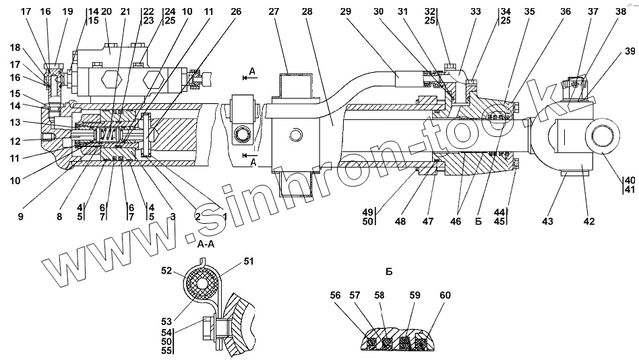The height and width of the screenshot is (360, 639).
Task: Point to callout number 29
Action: tap(346, 11)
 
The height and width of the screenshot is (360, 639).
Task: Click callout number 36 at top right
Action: tap(565, 11)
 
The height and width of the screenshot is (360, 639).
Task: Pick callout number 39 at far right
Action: tap(630, 51)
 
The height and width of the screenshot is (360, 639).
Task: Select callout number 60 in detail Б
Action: tap(445, 295)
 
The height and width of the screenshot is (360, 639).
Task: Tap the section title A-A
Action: tap(206, 247)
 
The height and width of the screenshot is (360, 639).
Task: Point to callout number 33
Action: tap(476, 11)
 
